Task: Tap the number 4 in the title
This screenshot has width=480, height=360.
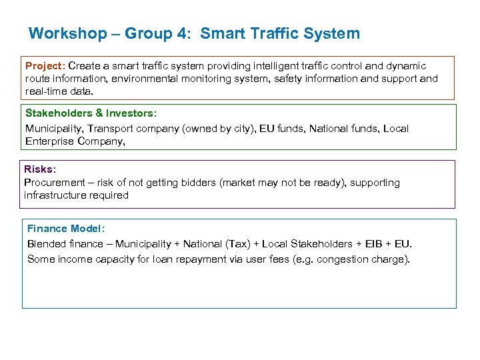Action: pyautogui.click(x=181, y=33)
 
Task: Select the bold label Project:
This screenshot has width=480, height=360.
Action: pyautogui.click(x=45, y=66)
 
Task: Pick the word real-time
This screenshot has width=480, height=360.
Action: pyautogui.click(x=47, y=91)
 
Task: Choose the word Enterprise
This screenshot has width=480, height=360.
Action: pyautogui.click(x=52, y=141)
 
